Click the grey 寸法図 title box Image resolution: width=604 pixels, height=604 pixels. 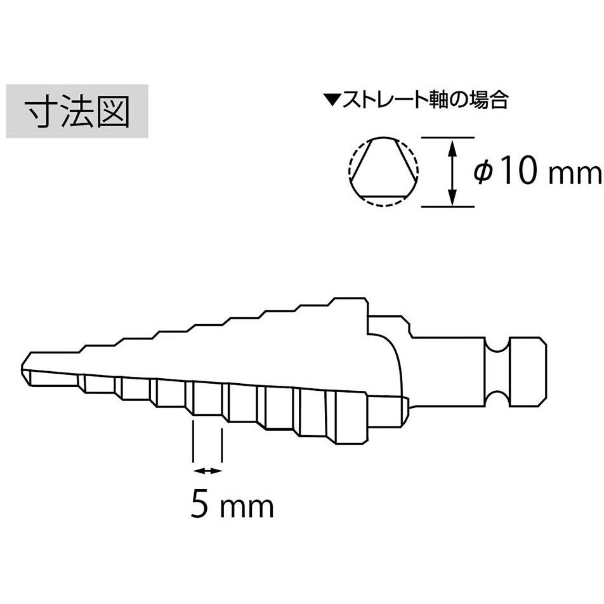coord(77,111)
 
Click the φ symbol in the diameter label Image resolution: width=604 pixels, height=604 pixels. coord(483,172)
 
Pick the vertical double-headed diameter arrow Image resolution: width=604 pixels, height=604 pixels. coord(453,172)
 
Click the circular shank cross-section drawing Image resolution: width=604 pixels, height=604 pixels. coord(383,172)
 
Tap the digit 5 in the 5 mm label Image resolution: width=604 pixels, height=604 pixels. coord(200,504)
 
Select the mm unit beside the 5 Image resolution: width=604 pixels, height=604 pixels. coord(247,508)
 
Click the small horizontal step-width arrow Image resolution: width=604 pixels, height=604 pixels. coord(207,470)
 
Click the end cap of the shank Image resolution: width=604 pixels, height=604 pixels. coord(528,371)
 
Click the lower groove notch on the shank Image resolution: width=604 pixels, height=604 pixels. coord(497,398)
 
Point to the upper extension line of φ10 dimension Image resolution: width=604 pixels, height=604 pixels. coord(448,137)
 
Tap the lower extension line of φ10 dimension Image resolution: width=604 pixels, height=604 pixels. coord(448,207)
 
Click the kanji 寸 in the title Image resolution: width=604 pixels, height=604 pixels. coord(41,111)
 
